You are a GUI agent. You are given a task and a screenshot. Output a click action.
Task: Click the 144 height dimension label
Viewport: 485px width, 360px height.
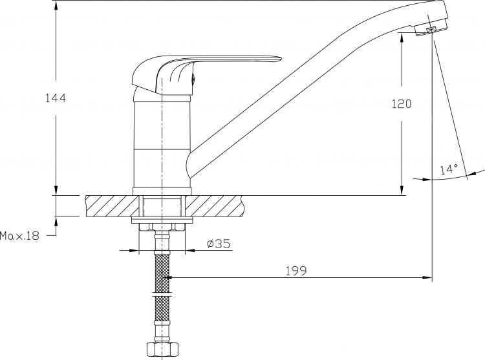56,98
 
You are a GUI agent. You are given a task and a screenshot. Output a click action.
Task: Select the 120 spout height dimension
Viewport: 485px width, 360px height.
402,104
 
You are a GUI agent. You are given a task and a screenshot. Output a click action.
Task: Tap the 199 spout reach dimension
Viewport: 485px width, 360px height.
296,271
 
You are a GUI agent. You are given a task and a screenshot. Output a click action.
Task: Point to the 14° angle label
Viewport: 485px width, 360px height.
449,169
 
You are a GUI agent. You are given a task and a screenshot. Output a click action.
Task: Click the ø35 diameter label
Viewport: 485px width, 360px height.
219,244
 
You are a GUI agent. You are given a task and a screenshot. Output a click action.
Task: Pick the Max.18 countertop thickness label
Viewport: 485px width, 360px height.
20,236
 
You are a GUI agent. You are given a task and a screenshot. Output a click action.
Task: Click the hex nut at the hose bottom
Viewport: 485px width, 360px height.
162,350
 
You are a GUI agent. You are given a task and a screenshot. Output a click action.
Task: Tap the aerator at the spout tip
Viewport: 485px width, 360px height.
431,30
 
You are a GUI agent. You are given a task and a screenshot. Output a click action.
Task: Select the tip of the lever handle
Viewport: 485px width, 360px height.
280,58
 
